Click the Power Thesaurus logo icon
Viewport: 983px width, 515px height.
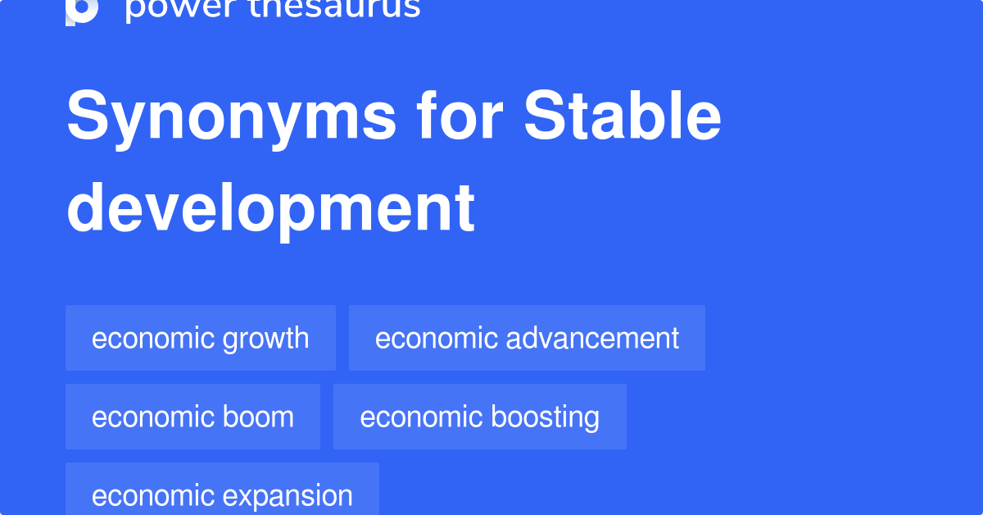(x=82, y=10)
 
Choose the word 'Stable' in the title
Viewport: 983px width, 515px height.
(x=623, y=117)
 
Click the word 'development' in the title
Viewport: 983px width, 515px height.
(x=270, y=208)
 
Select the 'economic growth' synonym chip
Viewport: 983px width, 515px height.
(x=200, y=338)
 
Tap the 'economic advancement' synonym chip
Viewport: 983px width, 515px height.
(x=527, y=338)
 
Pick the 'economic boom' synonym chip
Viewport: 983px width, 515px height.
(x=193, y=417)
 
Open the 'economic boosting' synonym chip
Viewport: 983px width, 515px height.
(x=479, y=417)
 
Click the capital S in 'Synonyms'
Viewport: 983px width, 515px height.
(x=88, y=117)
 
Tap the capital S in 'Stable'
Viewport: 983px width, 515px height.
(x=545, y=117)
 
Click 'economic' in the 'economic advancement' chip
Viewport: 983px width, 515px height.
(x=427, y=338)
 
